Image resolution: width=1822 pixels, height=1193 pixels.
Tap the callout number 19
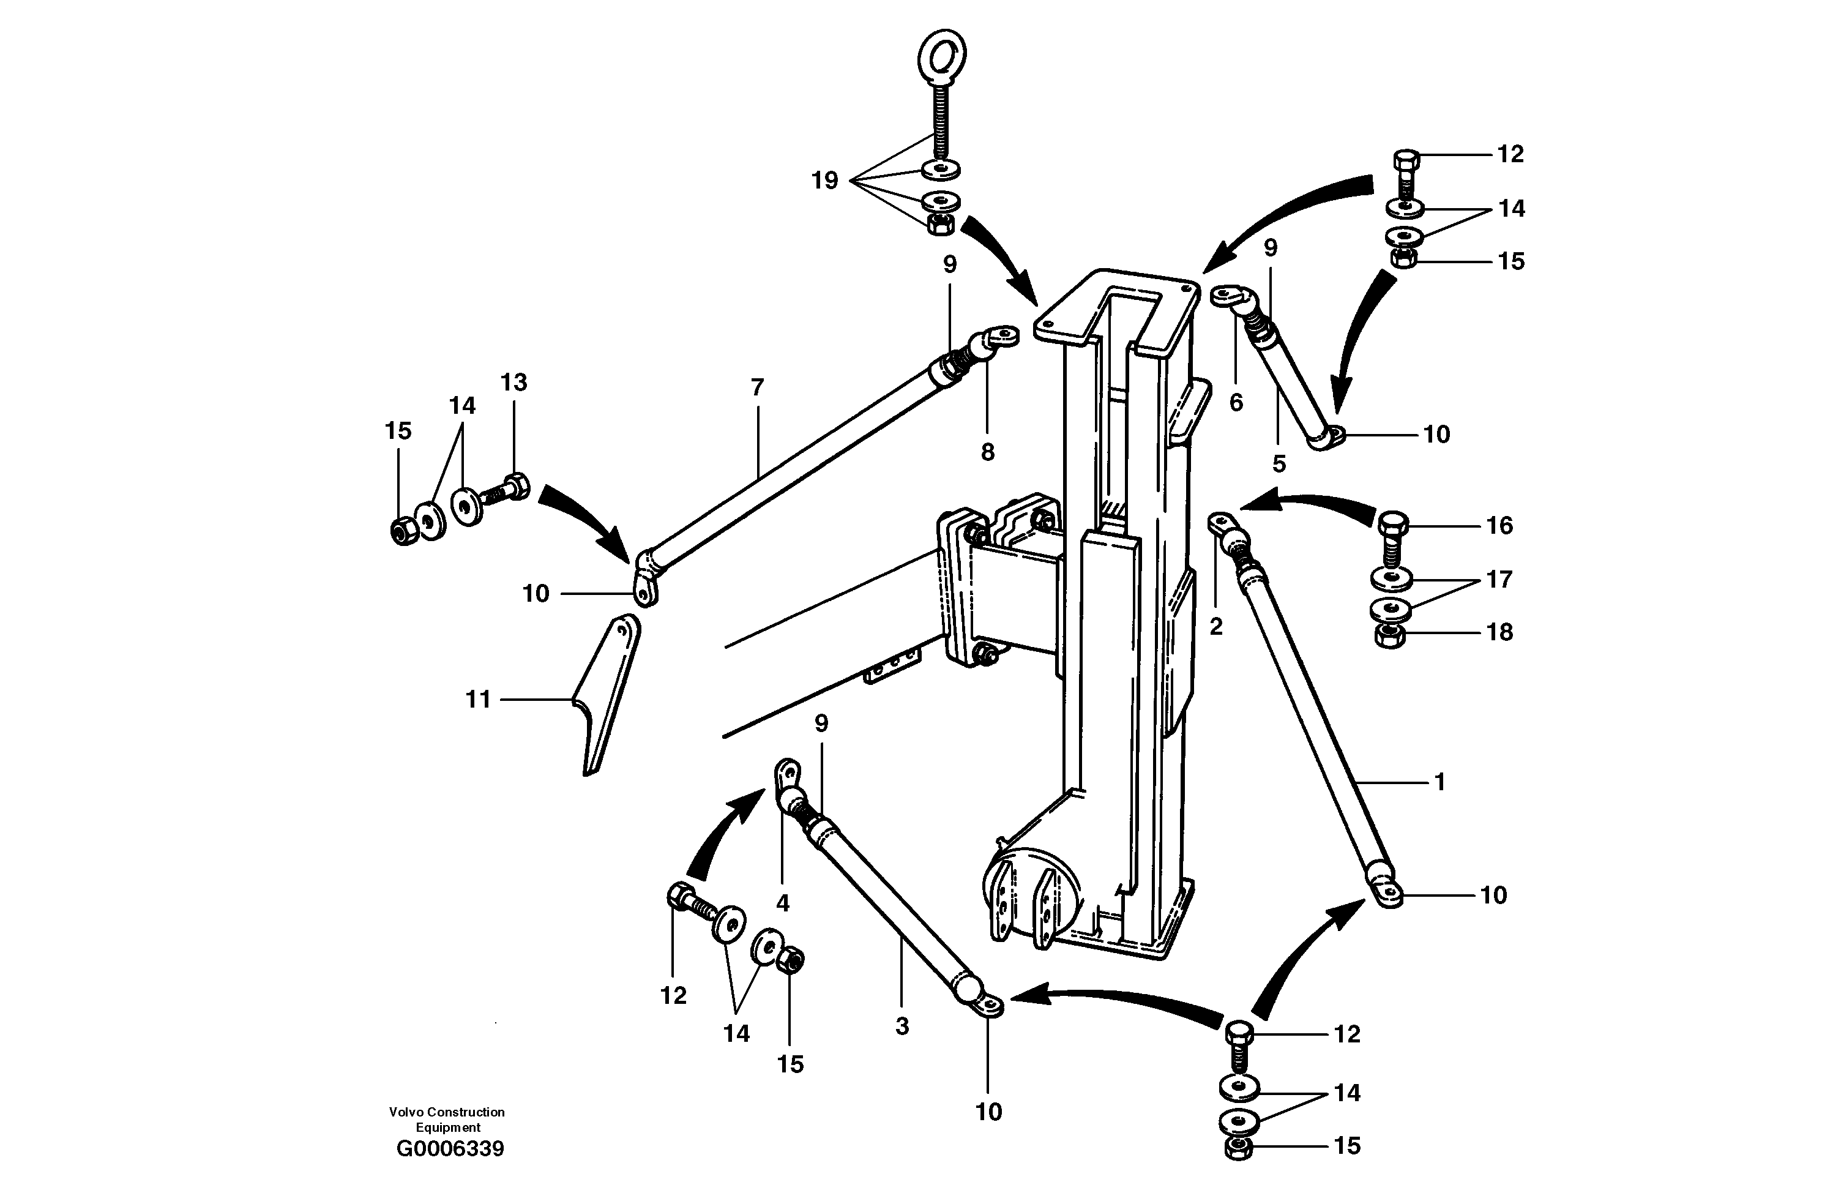tap(824, 181)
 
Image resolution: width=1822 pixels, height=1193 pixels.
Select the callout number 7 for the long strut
tap(757, 387)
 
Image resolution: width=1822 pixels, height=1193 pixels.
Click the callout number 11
tap(479, 699)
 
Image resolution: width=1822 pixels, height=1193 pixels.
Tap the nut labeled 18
tap(1388, 635)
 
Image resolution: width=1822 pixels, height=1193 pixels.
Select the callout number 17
tap(1499, 579)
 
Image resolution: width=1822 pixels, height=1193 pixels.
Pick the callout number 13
tap(513, 382)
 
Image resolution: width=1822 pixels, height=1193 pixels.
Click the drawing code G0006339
tap(450, 1148)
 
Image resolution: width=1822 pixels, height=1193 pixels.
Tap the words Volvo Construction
tap(446, 1112)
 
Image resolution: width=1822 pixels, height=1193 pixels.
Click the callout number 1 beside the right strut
tap(1439, 782)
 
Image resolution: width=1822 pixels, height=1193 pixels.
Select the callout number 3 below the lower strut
tap(902, 1026)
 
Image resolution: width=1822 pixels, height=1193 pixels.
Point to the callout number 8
tap(988, 452)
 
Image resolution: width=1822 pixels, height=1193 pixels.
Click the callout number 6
tap(1236, 403)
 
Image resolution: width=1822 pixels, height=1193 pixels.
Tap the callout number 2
tap(1215, 626)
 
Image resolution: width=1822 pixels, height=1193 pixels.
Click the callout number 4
tap(782, 903)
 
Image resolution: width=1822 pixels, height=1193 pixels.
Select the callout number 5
tap(1279, 463)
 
